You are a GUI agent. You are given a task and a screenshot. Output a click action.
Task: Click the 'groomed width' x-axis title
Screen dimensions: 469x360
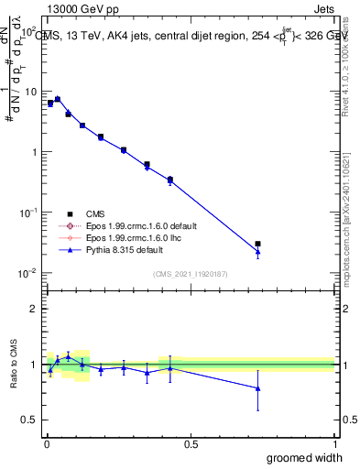(305, 457)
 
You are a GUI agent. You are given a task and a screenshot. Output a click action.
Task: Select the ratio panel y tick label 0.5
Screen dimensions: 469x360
(29, 420)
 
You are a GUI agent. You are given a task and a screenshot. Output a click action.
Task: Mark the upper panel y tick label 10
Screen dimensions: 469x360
(30, 92)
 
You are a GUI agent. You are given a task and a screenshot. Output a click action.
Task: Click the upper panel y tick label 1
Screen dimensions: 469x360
(34, 152)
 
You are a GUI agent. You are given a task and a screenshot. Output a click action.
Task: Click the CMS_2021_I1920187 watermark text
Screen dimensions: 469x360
(191, 273)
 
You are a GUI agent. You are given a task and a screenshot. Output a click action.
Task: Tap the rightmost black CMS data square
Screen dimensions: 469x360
(258, 244)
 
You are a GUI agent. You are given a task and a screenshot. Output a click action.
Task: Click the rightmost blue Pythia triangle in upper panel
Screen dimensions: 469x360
(258, 252)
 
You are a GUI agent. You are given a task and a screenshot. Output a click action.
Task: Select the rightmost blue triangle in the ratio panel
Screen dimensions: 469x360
(258, 388)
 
